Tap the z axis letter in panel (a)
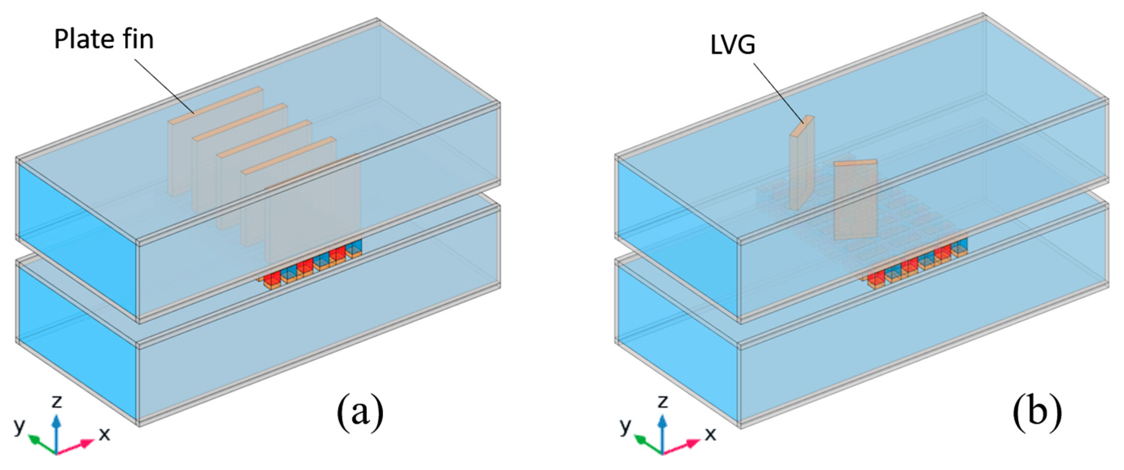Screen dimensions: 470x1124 tap(56, 401)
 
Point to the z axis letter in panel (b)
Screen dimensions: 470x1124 tap(663, 401)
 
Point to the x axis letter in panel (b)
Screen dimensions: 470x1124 tap(711, 434)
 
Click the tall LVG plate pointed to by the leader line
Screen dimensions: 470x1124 tap(801, 168)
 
